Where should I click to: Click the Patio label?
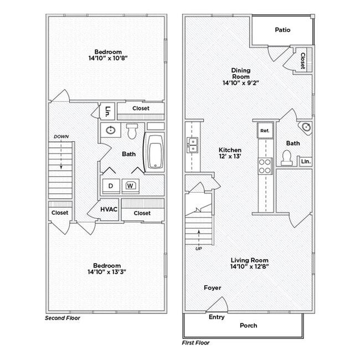(282, 30)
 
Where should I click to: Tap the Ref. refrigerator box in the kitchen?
(264, 131)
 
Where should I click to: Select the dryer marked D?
(110, 186)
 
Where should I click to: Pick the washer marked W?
(131, 186)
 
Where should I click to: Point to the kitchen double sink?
(193, 146)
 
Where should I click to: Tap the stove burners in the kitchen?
(265, 166)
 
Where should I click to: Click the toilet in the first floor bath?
(286, 158)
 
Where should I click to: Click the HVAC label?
(109, 209)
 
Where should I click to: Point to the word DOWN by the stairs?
(61, 136)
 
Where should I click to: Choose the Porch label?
(249, 326)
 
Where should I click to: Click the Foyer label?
(212, 287)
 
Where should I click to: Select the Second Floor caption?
(62, 318)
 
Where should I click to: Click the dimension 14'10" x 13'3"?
(107, 272)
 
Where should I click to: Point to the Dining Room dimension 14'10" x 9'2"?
(241, 83)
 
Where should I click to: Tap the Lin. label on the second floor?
(107, 110)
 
